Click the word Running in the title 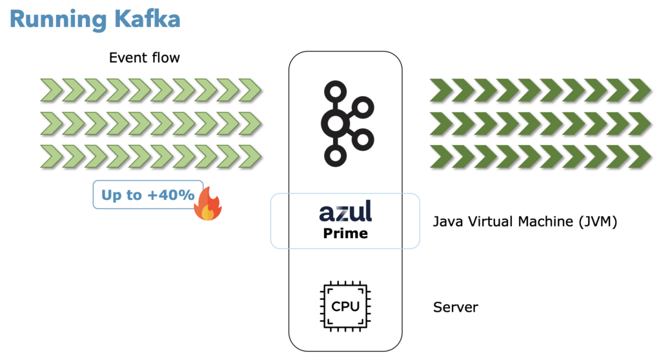(x=53, y=19)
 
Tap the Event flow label (x=144, y=58)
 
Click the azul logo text (x=345, y=212)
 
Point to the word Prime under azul (x=345, y=233)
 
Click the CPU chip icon (x=345, y=306)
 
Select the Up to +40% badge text (x=148, y=195)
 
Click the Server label (x=456, y=307)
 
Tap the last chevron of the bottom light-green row (x=250, y=156)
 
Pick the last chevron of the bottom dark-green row (x=640, y=156)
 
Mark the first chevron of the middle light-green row (x=52, y=123)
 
